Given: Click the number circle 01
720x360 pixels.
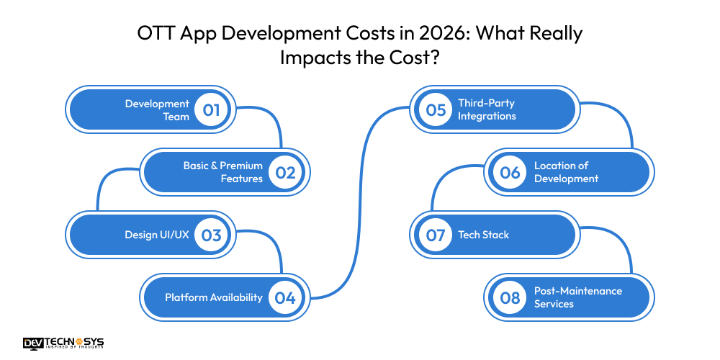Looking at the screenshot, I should click(x=211, y=110).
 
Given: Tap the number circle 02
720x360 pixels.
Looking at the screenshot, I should click(x=285, y=172).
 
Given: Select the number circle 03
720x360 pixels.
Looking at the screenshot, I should click(x=211, y=235).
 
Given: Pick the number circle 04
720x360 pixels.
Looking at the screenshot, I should click(x=285, y=297).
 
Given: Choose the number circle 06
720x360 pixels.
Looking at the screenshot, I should click(x=510, y=172).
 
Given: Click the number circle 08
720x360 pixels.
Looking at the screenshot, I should click(x=510, y=297).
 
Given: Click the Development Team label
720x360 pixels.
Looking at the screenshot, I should click(x=157, y=110).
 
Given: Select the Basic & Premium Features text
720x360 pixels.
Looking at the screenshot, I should click(x=222, y=172).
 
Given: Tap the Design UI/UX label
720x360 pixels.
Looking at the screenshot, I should click(x=157, y=235).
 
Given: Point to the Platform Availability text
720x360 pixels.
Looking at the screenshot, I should click(x=213, y=297).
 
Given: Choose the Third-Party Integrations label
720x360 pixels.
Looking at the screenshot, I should click(x=487, y=110).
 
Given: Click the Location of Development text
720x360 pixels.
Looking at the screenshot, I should click(x=566, y=172).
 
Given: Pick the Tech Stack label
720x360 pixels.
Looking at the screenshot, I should click(x=483, y=235).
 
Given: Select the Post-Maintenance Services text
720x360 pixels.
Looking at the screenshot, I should click(x=577, y=297).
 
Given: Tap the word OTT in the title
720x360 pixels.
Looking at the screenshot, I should click(x=154, y=34).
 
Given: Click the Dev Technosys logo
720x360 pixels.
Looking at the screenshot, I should click(x=63, y=343).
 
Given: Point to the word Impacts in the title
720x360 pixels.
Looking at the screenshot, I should click(x=312, y=58).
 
